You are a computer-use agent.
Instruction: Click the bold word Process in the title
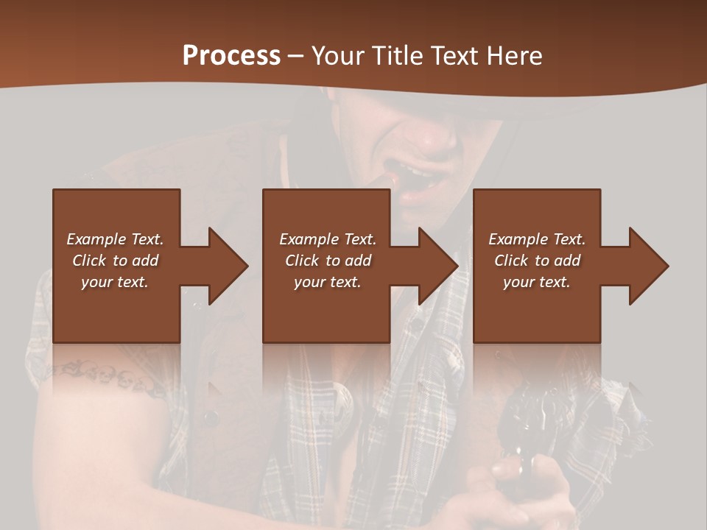pyautogui.click(x=231, y=55)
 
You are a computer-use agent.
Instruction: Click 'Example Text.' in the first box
pyautogui.click(x=115, y=239)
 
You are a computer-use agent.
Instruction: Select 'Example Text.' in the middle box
pyautogui.click(x=328, y=239)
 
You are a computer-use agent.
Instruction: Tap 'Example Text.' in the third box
pyautogui.click(x=537, y=239)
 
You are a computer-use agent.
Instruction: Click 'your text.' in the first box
pyautogui.click(x=115, y=282)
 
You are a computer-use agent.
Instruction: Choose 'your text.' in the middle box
pyautogui.click(x=328, y=282)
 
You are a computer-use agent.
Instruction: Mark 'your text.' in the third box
pyautogui.click(x=537, y=282)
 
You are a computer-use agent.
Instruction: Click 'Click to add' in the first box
pyautogui.click(x=115, y=261)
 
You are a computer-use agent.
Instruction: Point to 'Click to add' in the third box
pyautogui.click(x=537, y=261)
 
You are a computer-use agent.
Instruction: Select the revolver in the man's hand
pyautogui.click(x=527, y=434)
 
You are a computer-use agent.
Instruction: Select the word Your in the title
pyautogui.click(x=338, y=55)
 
